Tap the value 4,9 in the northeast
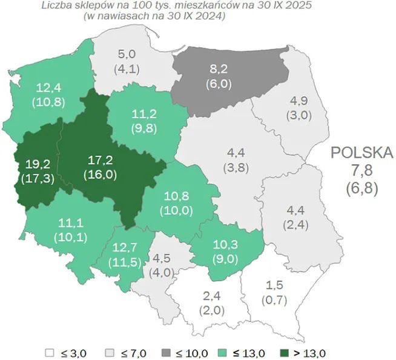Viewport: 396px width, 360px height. click(x=301, y=100)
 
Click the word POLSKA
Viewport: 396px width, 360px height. click(x=362, y=152)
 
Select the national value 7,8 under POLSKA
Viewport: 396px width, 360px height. click(x=362, y=170)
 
